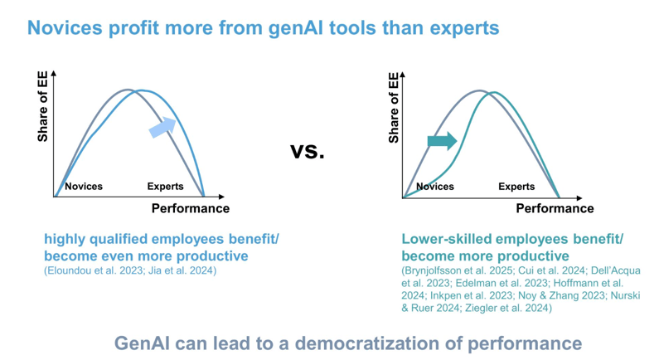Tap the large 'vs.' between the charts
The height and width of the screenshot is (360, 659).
click(308, 151)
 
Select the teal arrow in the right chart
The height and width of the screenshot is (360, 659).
click(442, 141)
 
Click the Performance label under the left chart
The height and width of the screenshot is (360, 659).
click(190, 208)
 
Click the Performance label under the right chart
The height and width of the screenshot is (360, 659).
click(555, 208)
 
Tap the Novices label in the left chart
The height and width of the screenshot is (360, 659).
click(84, 187)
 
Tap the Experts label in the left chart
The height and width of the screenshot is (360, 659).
click(165, 187)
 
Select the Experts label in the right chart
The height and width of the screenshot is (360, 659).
click(516, 187)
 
